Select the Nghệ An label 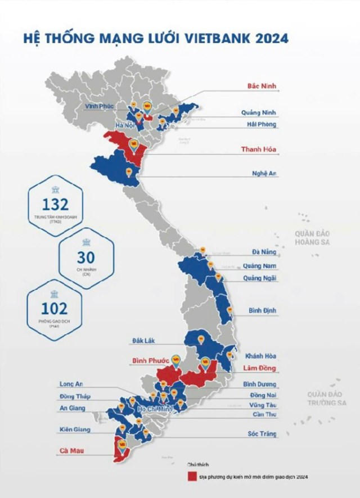pos(264,174)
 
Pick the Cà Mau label pos(69,450)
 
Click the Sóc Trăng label pos(262,434)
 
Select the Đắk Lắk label pos(143,341)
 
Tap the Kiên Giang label pos(74,430)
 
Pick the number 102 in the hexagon pos(55,308)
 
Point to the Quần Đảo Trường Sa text pos(326,399)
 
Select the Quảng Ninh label pos(259,112)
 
